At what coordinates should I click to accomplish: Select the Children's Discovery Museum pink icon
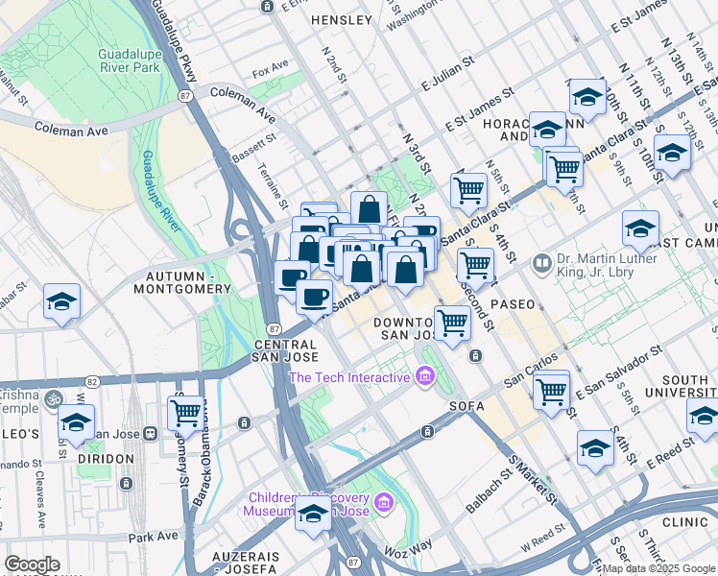(x=383, y=502)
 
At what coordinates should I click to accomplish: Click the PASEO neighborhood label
(x=513, y=303)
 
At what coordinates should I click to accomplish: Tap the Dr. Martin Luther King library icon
(x=542, y=262)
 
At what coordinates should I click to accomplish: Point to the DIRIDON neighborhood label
(x=106, y=459)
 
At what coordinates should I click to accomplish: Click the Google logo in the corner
(x=32, y=564)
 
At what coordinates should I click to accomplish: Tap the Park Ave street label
(x=154, y=538)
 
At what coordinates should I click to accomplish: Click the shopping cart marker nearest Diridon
(x=185, y=414)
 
